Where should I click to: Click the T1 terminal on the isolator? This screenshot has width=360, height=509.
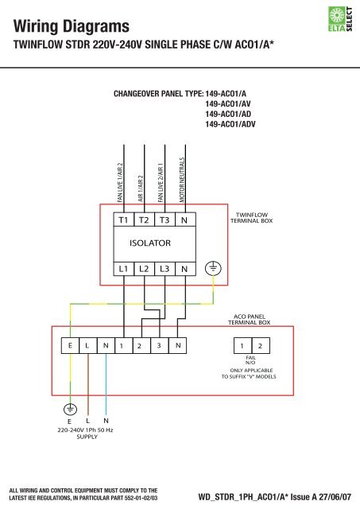pos(123,219)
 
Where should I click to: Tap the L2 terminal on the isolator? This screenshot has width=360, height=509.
pos(144,269)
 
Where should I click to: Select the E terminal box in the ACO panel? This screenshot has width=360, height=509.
pos(70,346)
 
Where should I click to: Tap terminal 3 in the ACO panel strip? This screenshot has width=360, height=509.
pos(159,346)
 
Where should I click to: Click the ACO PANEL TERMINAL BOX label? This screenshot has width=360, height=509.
pos(249,320)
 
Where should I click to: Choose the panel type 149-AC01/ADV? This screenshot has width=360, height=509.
pos(230,124)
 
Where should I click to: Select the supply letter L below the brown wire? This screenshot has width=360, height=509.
pos(88,421)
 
